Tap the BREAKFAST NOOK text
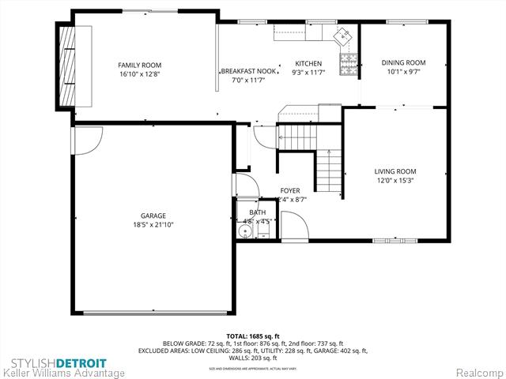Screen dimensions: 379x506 pos(248,71)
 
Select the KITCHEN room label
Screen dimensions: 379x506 pos(308,64)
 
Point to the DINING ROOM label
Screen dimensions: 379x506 pos(403,63)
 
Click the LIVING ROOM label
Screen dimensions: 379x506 pos(395,171)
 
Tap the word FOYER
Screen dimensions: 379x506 pos(289,191)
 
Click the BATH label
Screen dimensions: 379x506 pos(258,212)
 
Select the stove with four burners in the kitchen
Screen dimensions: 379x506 pos(347,61)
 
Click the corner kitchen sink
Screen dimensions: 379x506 pos(343,35)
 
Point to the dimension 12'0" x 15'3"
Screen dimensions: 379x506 pos(395,181)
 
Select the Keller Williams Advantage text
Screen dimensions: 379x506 pos(63,373)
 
